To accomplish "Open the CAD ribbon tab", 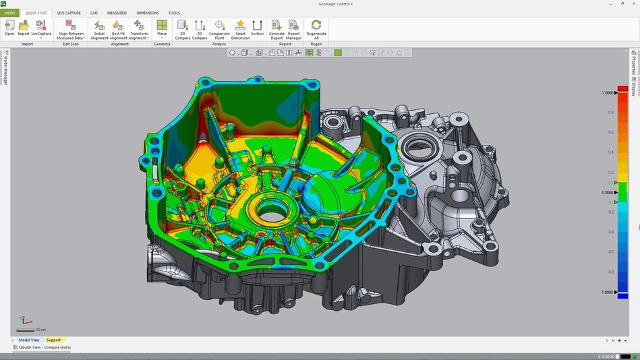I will [94, 13].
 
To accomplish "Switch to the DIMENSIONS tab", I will [148, 13].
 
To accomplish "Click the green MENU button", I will [10, 13].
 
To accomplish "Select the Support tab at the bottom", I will [53, 340].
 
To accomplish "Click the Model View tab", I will [29, 340].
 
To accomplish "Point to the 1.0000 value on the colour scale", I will [608, 93].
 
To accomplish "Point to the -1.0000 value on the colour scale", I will [607, 292].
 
